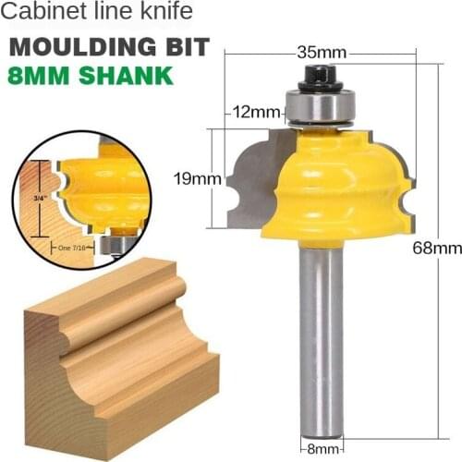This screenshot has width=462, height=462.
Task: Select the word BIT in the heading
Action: click(x=185, y=48)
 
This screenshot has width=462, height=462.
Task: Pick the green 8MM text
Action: click(x=42, y=76)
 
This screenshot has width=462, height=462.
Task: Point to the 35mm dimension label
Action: click(x=317, y=52)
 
